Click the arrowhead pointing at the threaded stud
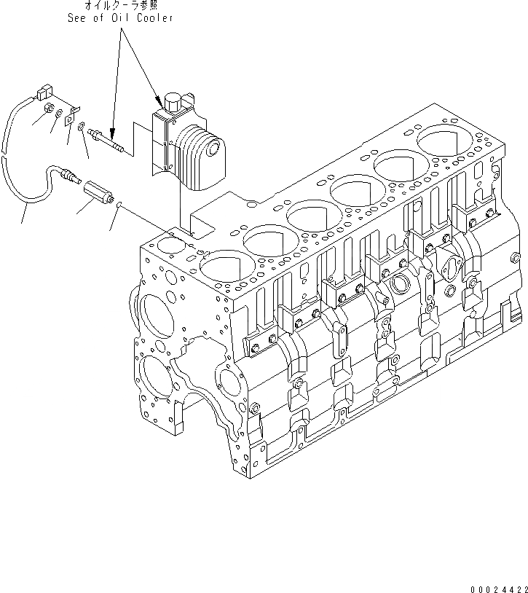click(111, 131)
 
